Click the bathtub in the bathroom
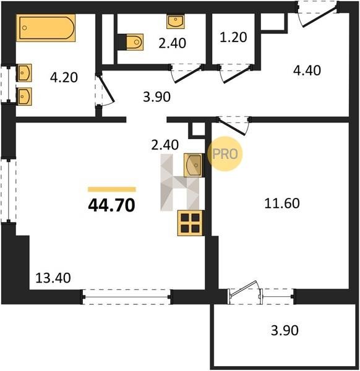coord(46,28)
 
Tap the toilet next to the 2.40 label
coord(134,42)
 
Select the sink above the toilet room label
coord(176,22)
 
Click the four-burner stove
coord(190,223)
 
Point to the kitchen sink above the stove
coord(193,165)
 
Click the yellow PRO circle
coord(225,154)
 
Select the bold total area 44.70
coord(111,205)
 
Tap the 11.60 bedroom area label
coord(281,203)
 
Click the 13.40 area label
coord(53,278)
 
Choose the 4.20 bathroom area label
coord(64,78)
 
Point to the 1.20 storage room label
coord(233,37)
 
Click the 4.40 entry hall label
coord(307,70)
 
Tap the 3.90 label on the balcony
coord(285,330)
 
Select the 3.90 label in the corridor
coord(156,97)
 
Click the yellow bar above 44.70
coord(112,189)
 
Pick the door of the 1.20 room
coord(236,74)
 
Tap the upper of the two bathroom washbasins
coord(24,72)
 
